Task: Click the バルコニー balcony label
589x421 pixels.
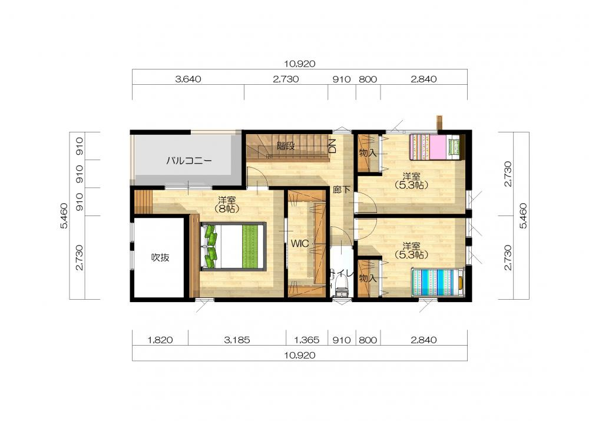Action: click(189, 161)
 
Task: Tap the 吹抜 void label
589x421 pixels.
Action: click(160, 257)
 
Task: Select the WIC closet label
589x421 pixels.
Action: click(300, 243)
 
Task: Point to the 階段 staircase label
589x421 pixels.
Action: click(286, 145)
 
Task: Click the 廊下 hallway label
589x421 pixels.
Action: click(342, 190)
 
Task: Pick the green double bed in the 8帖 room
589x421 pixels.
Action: click(233, 246)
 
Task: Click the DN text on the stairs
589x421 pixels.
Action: click(332, 145)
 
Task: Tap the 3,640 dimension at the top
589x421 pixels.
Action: click(188, 79)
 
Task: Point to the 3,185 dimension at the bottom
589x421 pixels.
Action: click(237, 340)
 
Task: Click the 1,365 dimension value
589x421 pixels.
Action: click(306, 340)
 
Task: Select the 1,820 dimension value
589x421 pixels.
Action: click(160, 340)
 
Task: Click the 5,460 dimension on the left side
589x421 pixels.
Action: click(64, 216)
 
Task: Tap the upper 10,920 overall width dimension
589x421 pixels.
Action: click(299, 64)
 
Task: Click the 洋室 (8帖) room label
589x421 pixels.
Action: click(227, 204)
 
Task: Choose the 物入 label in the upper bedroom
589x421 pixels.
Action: click(368, 153)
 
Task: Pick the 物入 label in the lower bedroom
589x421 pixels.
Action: click(368, 279)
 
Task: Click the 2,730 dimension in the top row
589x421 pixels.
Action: click(286, 79)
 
